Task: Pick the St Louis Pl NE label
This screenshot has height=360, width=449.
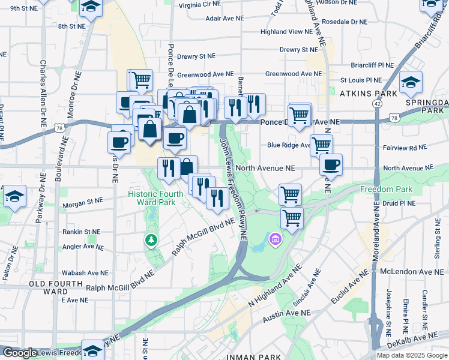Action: (361, 79)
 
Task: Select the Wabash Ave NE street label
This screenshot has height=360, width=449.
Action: (84, 262)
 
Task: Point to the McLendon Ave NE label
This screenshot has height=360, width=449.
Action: (410, 271)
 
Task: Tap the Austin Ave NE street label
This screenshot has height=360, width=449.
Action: (289, 313)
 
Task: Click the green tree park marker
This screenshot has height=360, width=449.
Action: (151, 241)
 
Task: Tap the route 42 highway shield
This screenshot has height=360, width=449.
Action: (377, 104)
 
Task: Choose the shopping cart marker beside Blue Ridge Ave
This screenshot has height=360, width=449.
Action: (322, 144)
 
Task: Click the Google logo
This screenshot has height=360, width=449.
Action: (20, 353)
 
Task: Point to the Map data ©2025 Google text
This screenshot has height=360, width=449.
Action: (412, 355)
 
